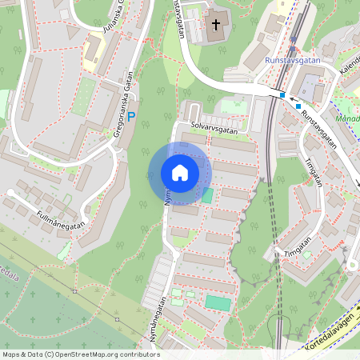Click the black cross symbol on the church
(215, 25)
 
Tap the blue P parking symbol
(133, 117)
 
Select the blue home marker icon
(180, 173)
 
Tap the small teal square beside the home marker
(207, 194)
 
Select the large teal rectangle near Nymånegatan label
(217, 302)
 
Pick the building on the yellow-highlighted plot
(92, 51)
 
